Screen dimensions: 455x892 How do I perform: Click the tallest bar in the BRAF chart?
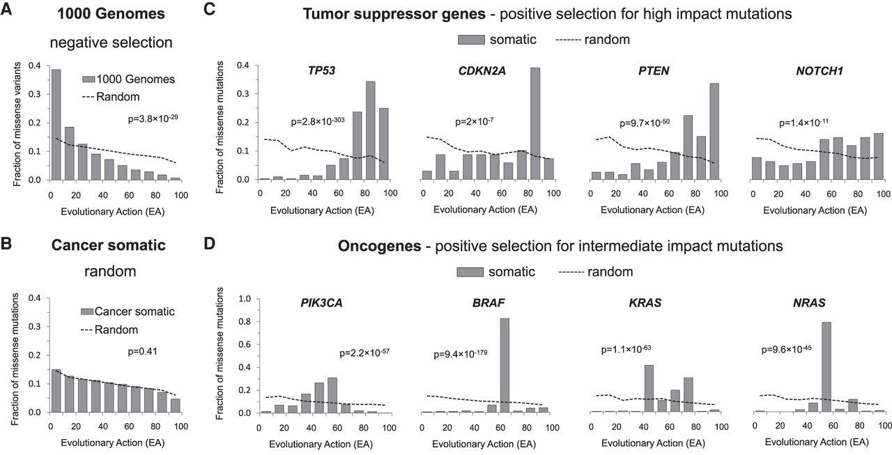click(x=504, y=365)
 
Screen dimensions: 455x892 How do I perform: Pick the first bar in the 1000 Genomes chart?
click(x=55, y=124)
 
